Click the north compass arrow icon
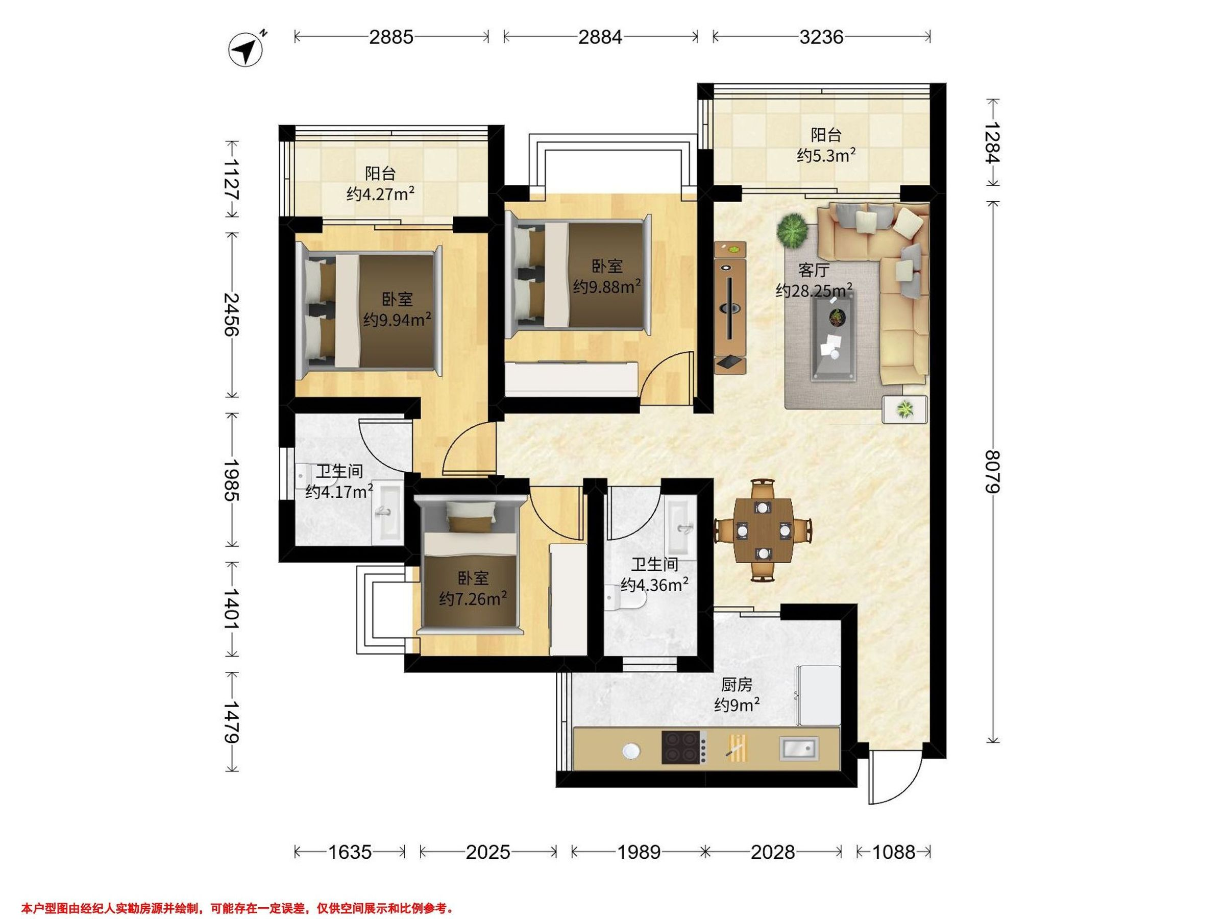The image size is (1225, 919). [246, 51]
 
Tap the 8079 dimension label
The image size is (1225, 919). [994, 472]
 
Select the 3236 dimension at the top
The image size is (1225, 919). [821, 37]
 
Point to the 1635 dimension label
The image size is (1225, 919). [350, 852]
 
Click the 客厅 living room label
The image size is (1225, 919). [814, 270]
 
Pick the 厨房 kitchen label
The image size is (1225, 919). [737, 685]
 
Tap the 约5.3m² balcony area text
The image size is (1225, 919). [826, 155]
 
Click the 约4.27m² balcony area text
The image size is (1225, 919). [380, 194]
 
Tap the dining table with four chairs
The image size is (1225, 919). [763, 530]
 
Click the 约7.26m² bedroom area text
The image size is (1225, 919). [473, 599]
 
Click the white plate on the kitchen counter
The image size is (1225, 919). [631, 751]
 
